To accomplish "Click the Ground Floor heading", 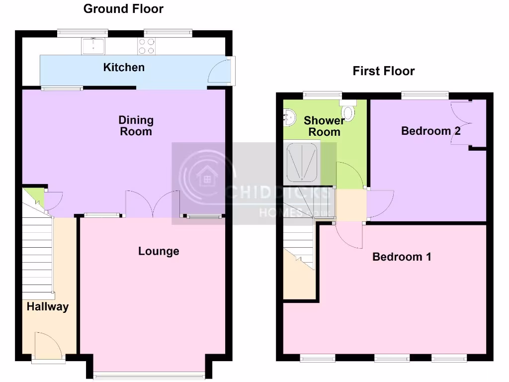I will click(123, 8).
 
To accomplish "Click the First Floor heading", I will click(383, 71).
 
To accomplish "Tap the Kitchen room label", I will click(124, 67).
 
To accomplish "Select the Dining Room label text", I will click(136, 125).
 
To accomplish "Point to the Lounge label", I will click(159, 251).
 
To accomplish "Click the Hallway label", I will click(48, 306).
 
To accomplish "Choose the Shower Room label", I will click(324, 126).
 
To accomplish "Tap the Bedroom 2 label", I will click(430, 131).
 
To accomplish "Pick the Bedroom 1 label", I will click(402, 257).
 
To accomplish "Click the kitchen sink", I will click(94, 46).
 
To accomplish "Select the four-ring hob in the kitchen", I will click(147, 46).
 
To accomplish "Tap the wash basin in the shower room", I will click(288, 116).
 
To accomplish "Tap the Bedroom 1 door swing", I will click(350, 234).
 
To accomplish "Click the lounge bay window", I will click(149, 374).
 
